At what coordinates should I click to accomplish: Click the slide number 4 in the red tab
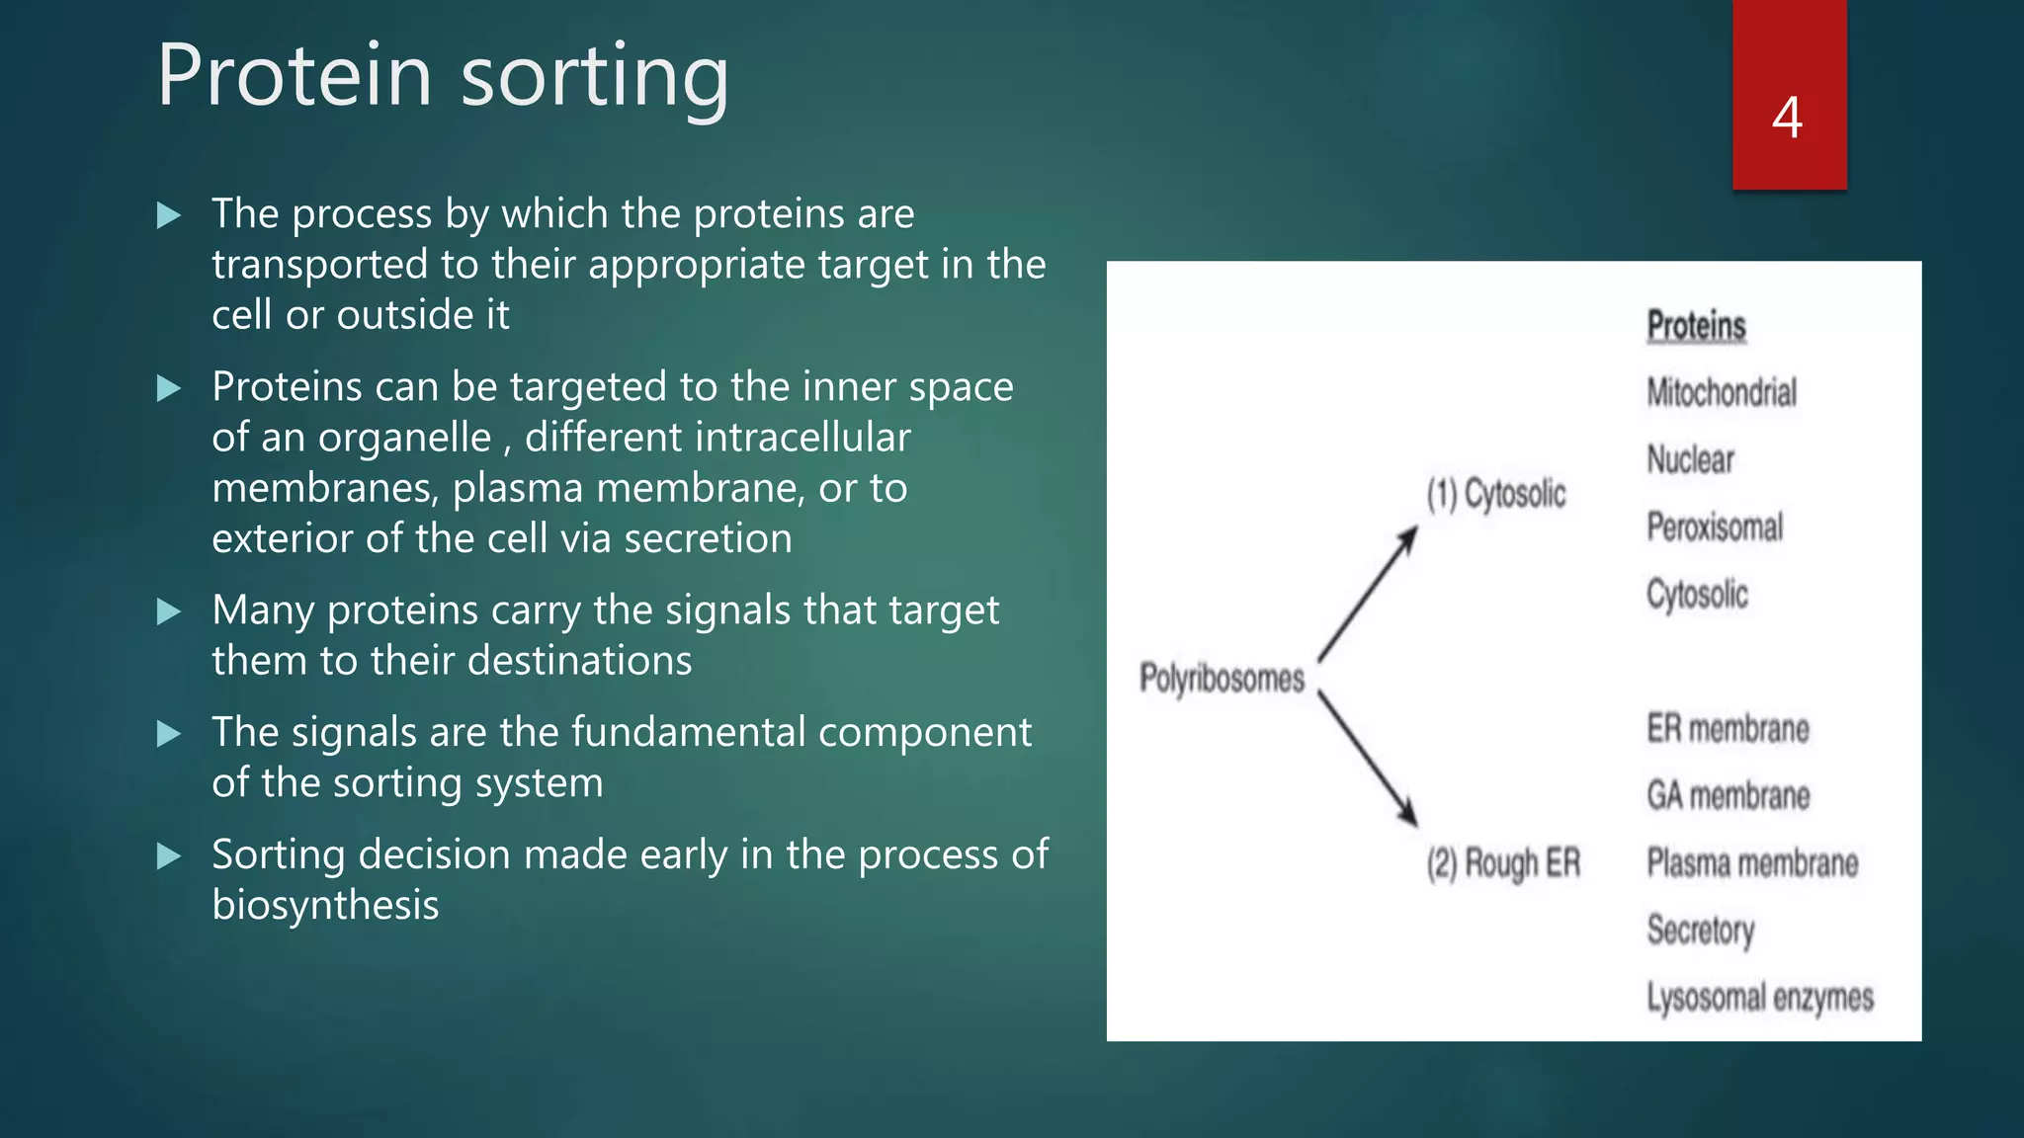(1787, 118)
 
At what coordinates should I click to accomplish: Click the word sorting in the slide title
(595, 77)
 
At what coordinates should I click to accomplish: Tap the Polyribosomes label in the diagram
(1222, 679)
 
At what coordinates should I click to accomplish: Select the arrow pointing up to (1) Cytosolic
(1368, 594)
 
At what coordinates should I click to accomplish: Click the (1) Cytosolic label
(1496, 493)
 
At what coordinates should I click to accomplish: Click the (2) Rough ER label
(1503, 863)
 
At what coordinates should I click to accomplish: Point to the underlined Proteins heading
(1696, 326)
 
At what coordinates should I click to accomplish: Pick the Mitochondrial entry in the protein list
(1722, 393)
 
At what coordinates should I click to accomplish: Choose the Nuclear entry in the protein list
(1690, 460)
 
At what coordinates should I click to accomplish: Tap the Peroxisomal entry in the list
(1715, 528)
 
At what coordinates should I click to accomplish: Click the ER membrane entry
(1728, 729)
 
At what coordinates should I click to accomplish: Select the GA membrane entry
(1728, 796)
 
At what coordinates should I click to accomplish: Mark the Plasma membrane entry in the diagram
(1752, 863)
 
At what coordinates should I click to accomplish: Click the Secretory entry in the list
(1700, 931)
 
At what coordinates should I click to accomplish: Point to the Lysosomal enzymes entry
(1760, 998)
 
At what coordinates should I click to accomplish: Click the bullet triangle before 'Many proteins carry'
(169, 611)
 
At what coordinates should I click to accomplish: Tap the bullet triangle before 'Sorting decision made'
(169, 855)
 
